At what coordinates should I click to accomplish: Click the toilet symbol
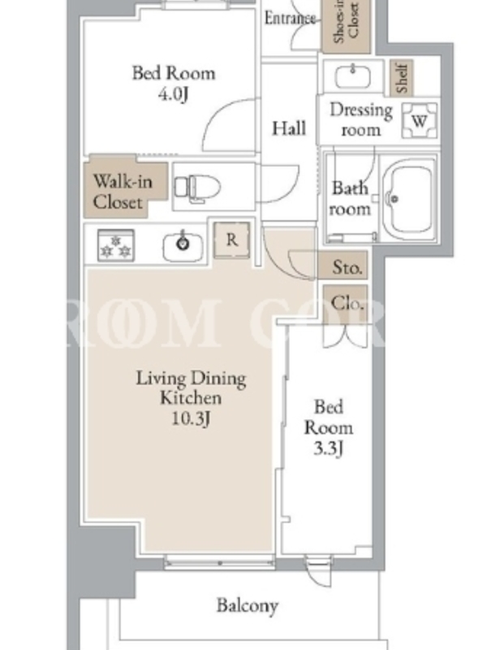coord(197,188)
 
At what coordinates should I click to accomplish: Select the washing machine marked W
coord(420,120)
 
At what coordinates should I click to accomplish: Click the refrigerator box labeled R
coord(232,240)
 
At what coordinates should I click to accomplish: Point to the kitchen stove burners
coord(116,245)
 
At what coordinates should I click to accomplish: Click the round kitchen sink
coord(183,246)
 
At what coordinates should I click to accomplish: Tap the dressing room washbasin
coord(353,76)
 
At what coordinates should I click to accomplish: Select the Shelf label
coord(402,77)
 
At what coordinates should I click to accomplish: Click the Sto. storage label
coord(347,267)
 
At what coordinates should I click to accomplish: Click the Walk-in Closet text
coord(123,192)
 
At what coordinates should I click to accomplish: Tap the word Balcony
coord(248,605)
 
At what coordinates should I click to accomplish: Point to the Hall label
coord(289,128)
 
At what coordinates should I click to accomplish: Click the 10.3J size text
coord(191,418)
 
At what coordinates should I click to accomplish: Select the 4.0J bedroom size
coord(173,93)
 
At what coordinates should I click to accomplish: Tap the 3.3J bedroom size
coord(329,448)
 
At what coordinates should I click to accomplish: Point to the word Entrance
coord(290,18)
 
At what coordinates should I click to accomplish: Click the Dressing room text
coord(361,119)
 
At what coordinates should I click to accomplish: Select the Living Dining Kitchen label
coord(191,388)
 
